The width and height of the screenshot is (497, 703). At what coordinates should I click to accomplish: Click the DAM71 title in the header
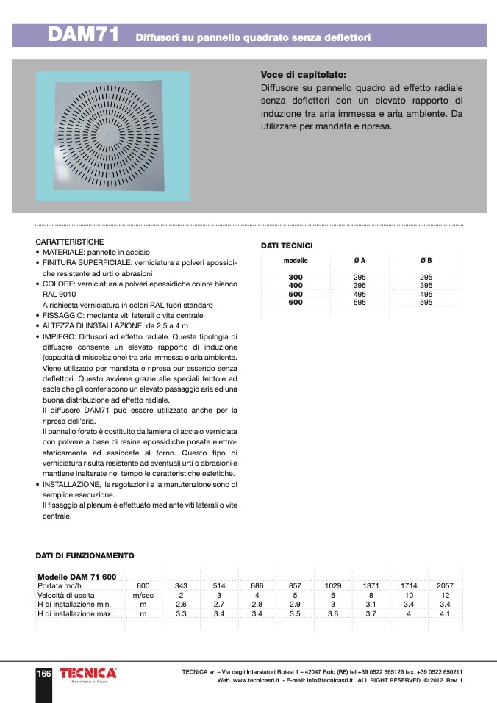[83, 35]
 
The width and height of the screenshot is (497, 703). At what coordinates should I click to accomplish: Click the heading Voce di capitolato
[303, 75]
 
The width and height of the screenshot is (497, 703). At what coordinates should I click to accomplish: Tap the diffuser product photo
[112, 137]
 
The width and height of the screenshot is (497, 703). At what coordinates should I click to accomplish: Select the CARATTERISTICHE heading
[69, 242]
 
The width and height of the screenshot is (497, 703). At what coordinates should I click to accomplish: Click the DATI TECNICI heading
[287, 245]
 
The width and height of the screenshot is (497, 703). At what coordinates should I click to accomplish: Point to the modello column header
[296, 261]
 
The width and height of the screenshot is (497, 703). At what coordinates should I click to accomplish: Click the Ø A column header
[360, 261]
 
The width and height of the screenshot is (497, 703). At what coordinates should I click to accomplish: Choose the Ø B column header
[426, 261]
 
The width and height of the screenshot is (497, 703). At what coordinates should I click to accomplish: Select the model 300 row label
[296, 277]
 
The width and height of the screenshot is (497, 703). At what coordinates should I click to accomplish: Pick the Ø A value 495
[360, 294]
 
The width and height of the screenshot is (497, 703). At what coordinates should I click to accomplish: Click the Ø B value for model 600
[426, 302]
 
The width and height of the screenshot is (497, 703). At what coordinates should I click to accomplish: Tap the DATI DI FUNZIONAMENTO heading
[85, 556]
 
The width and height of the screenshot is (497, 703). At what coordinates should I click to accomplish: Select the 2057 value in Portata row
[445, 585]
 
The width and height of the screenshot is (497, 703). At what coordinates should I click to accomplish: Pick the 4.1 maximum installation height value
[445, 613]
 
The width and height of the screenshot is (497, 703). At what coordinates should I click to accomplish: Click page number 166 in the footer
[43, 674]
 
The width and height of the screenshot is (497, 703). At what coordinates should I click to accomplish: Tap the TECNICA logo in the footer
[87, 674]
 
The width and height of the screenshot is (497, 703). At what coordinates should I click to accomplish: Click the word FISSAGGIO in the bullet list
[62, 314]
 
